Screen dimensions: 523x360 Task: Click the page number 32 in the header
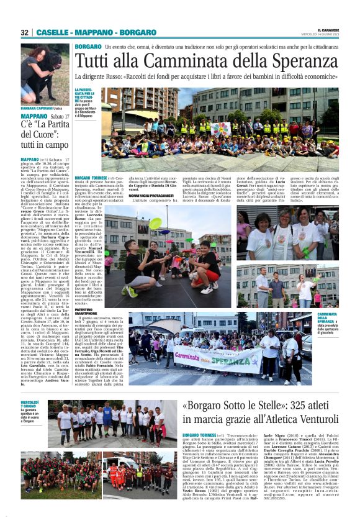[25, 32]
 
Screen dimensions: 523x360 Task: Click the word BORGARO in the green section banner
[88, 47]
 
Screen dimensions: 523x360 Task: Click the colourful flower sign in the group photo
[220, 129]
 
